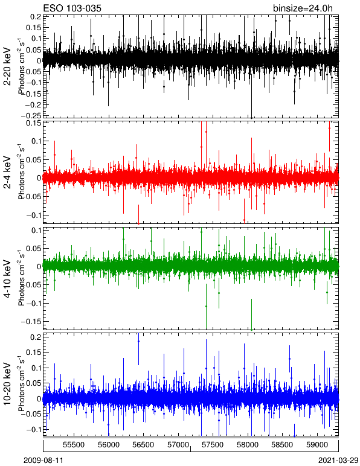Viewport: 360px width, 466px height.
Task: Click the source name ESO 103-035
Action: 72,8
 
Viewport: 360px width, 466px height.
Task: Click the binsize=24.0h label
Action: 303,8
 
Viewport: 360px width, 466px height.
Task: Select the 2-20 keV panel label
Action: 7,66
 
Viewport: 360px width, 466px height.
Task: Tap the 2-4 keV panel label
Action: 7,173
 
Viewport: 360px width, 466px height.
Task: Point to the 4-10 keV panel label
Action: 7,279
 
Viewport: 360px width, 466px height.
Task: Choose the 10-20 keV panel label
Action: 7,384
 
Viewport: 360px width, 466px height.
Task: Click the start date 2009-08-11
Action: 43,461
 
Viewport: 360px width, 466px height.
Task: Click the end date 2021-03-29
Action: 338,461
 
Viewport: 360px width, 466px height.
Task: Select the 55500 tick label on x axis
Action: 74,445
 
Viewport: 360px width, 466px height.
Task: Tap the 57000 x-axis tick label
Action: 178,445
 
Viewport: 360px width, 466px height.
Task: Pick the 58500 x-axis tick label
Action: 283,445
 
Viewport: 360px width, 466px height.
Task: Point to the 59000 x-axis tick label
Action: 317,445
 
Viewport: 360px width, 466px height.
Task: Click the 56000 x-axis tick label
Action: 109,445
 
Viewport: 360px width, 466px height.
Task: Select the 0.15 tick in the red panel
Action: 34,123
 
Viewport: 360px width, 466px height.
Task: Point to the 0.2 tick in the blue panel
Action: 36,337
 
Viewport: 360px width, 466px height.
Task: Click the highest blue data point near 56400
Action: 138,342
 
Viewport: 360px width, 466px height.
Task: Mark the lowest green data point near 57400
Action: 206,306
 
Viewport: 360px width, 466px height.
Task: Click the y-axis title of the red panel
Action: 21,173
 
